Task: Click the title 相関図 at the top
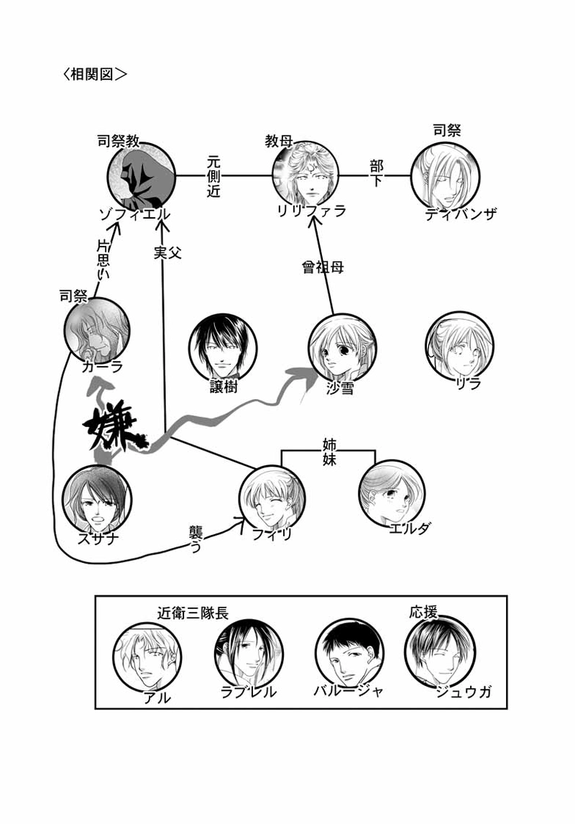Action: point(95,74)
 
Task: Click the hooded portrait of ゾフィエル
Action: point(142,174)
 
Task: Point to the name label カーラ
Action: point(102,366)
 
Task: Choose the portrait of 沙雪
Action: point(342,347)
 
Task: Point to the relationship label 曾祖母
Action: point(323,267)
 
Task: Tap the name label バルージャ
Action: point(348,691)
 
